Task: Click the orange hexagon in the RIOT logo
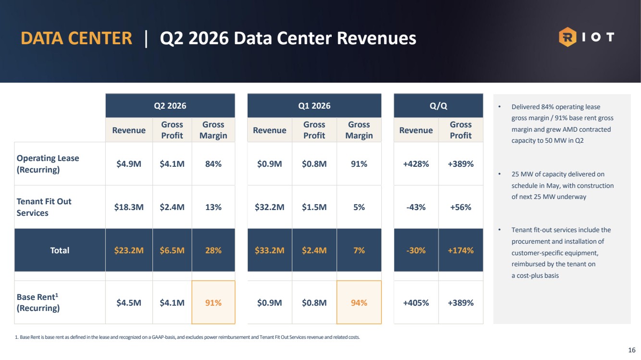[567, 37]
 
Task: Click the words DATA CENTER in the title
[76, 38]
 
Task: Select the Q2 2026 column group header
[170, 106]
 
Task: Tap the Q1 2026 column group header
[314, 106]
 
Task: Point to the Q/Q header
[439, 106]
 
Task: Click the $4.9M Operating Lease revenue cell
[129, 164]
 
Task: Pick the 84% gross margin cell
[213, 164]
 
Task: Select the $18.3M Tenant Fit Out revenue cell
[129, 207]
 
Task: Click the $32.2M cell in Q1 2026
[270, 207]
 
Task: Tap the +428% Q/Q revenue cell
[416, 164]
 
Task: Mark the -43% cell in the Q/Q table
[416, 207]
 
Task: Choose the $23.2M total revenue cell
[129, 250]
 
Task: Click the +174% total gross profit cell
[461, 250]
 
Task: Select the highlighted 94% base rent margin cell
[359, 302]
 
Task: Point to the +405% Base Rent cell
[416, 302]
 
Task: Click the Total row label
[60, 250]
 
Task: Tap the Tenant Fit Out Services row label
[44, 207]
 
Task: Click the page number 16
[631, 350]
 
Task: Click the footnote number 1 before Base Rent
[16, 337]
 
